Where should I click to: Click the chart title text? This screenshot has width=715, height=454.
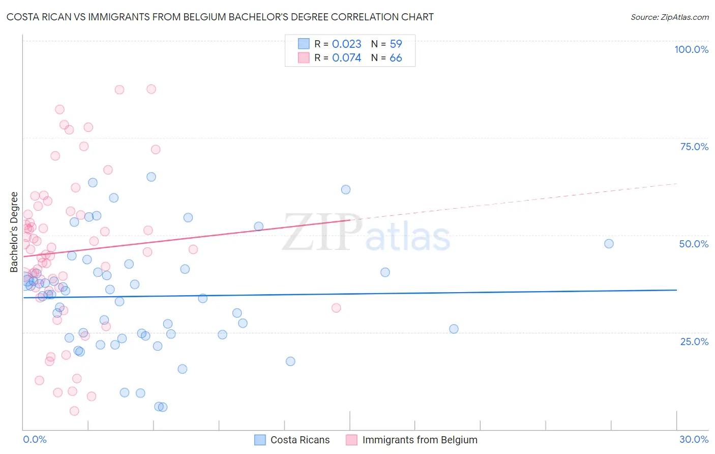pyautogui.click(x=220, y=17)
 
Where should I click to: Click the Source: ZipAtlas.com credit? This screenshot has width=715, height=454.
pyautogui.click(x=669, y=17)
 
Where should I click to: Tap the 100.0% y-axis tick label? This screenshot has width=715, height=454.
pyautogui.click(x=691, y=49)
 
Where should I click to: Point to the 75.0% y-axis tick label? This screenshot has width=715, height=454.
pyautogui.click(x=694, y=147)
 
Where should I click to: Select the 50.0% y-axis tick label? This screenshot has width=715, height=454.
pyautogui.click(x=694, y=244)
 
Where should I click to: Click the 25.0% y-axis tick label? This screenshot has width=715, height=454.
pyautogui.click(x=694, y=341)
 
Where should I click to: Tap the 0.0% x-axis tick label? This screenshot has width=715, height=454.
pyautogui.click(x=35, y=439)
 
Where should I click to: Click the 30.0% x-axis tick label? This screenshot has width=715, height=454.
pyautogui.click(x=694, y=439)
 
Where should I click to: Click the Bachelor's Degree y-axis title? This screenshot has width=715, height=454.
pyautogui.click(x=14, y=232)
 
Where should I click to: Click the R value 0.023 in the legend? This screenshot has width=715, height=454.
pyautogui.click(x=346, y=44)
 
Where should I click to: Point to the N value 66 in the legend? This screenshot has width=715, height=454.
pyautogui.click(x=396, y=58)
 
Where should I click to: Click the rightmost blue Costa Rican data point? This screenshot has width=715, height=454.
pyautogui.click(x=609, y=244)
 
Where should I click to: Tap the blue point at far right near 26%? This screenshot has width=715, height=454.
pyautogui.click(x=454, y=329)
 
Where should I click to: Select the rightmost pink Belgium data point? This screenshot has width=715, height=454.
pyautogui.click(x=336, y=308)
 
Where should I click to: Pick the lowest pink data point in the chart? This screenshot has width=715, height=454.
pyautogui.click(x=74, y=411)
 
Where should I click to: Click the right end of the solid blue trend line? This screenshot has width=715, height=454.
pyautogui.click(x=677, y=290)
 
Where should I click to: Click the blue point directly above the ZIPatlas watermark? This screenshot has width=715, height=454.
pyautogui.click(x=346, y=189)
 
